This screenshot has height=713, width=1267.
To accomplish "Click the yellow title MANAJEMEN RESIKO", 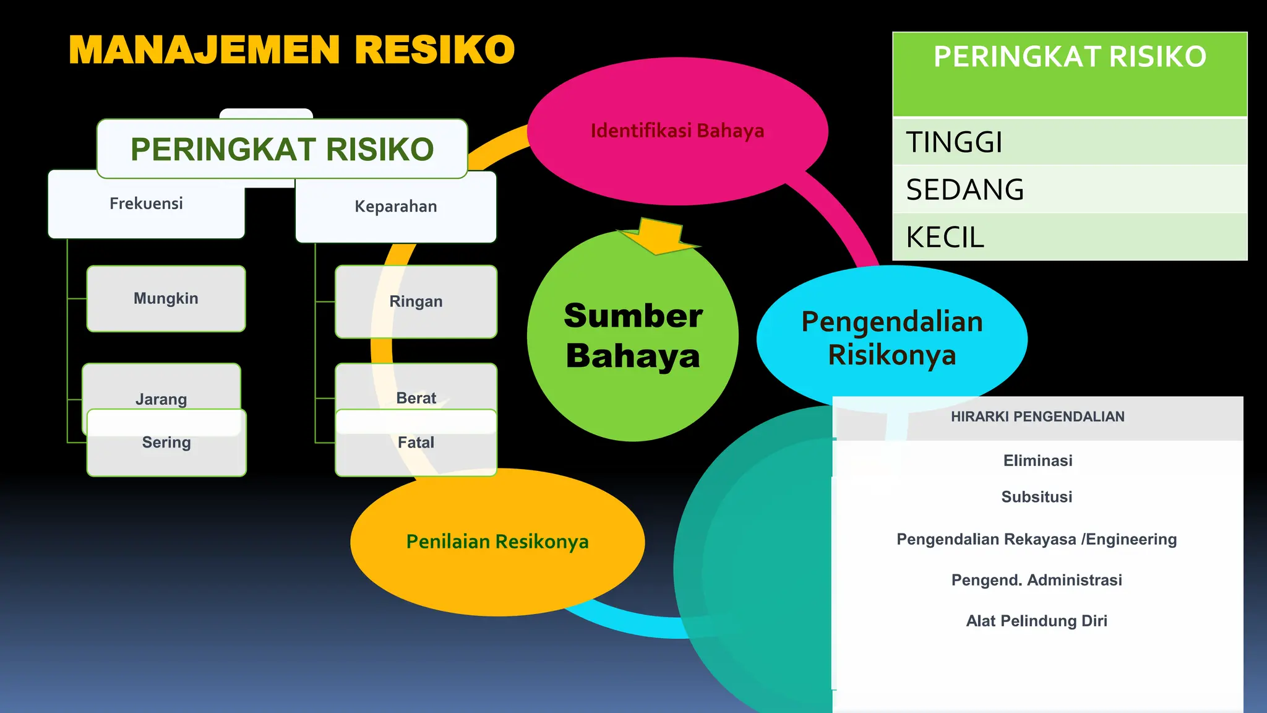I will pyautogui.click(x=291, y=50).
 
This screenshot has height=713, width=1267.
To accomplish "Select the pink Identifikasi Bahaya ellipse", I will pyautogui.click(x=677, y=131).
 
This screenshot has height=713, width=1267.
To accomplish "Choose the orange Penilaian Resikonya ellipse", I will pyautogui.click(x=497, y=542).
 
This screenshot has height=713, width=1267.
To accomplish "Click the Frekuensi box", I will pyautogui.click(x=146, y=204).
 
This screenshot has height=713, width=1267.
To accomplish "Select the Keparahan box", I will pyautogui.click(x=396, y=207).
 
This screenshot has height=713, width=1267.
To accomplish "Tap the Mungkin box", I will pyautogui.click(x=166, y=299).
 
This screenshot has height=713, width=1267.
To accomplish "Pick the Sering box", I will pyautogui.click(x=166, y=443).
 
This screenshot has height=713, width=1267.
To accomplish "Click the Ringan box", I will pyautogui.click(x=416, y=302).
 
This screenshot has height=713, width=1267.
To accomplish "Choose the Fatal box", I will pyautogui.click(x=416, y=443).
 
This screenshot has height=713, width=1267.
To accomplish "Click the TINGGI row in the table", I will pyautogui.click(x=1069, y=142).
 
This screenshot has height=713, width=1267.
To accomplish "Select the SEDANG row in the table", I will pyautogui.click(x=1069, y=189).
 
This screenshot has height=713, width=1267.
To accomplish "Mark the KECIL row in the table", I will pyautogui.click(x=1069, y=237).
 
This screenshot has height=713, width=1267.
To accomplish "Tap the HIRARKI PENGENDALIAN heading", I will pyautogui.click(x=1037, y=417).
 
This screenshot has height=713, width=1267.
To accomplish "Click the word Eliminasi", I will pyautogui.click(x=1037, y=460).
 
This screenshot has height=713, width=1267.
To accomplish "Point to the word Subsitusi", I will pyautogui.click(x=1037, y=497).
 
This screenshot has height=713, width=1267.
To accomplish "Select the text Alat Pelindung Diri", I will pyautogui.click(x=1037, y=621).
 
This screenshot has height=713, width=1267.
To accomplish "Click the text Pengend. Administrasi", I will pyautogui.click(x=1037, y=580).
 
